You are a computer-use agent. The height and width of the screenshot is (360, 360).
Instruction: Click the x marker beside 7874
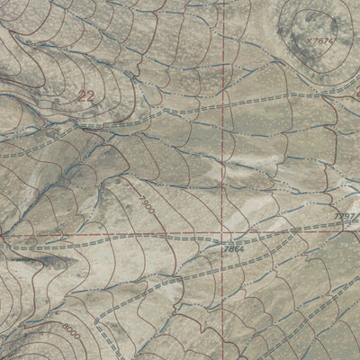coord(309,40)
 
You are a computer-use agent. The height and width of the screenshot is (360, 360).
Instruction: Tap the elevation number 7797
coord(346,217)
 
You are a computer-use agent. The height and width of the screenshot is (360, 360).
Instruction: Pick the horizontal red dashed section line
coord(135,232)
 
